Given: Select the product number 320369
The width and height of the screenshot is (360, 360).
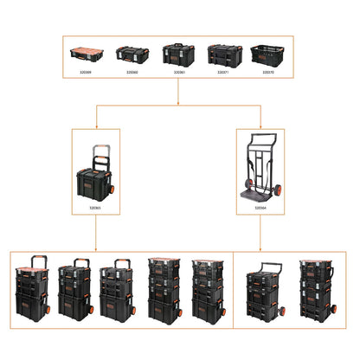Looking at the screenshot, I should pos(85,72).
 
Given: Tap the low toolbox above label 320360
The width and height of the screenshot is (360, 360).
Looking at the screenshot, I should pos(132,55).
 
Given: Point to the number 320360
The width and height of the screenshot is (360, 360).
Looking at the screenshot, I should pos(132,72).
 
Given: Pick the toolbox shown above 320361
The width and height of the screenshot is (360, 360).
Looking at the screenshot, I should pos(179,54).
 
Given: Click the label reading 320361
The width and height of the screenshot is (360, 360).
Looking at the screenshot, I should pos(179,72).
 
